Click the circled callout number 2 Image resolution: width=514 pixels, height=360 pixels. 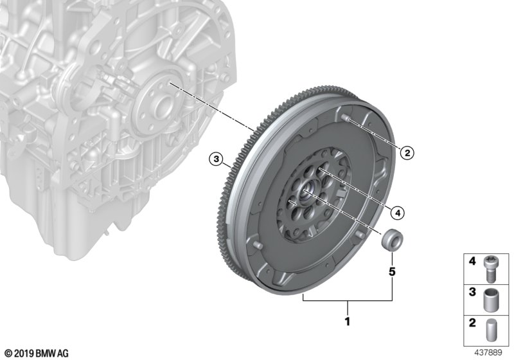(407, 153)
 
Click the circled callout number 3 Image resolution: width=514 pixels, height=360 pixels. (216, 159)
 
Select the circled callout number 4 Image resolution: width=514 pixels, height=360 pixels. (398, 213)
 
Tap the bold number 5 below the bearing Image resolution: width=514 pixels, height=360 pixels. (392, 271)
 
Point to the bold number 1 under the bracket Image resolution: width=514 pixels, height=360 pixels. (348, 321)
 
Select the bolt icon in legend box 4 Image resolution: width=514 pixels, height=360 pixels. (489, 269)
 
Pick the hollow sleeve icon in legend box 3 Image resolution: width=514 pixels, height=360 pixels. (490, 300)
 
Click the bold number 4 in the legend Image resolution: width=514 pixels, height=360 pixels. (472, 261)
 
